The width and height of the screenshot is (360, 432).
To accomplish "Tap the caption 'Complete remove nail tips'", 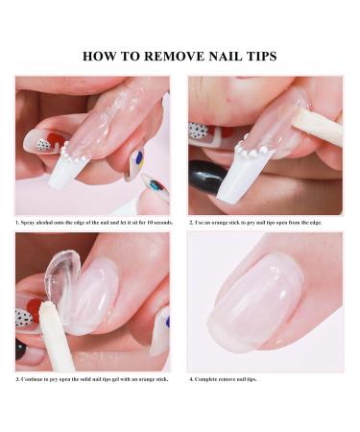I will pos(224,378).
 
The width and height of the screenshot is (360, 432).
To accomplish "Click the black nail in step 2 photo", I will pos(206,177).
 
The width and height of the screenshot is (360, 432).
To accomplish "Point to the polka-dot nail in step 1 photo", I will pos(40,142).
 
